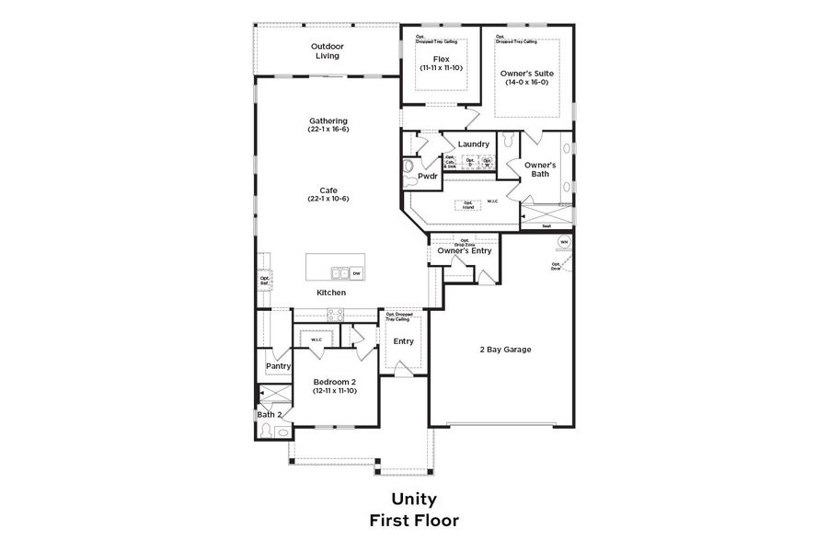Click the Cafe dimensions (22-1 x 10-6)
pos(328,199)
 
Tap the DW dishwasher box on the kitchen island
pos(356,273)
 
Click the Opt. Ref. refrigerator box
pos(264,281)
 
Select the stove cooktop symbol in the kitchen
pos(336,316)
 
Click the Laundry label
pos(473,144)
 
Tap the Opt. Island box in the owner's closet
pos(468,205)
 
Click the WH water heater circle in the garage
pos(564,242)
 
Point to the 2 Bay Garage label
pos(505,350)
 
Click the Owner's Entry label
pos(465,251)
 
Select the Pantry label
pos(278,366)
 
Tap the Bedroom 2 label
pos(334,382)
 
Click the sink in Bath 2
pos(282,431)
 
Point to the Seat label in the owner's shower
pos(546,225)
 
